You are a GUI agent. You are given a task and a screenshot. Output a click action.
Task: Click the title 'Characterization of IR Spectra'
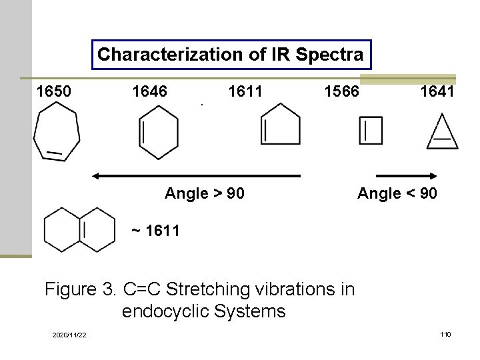pos(231,55)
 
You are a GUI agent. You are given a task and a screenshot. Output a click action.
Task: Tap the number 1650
pos(54,91)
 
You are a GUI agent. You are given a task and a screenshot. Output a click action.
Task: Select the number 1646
pos(150,91)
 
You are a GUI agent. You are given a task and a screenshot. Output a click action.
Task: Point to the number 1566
pos(341,91)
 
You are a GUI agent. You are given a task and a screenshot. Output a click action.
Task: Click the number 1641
pos(437,91)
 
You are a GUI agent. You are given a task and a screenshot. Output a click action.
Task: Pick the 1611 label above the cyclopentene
pos(245,91)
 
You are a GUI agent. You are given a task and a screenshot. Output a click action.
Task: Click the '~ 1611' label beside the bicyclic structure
pos(155,231)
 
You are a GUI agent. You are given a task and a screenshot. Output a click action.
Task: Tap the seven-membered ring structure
pos(57,133)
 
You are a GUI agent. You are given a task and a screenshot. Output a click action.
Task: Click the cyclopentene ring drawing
pos(279,126)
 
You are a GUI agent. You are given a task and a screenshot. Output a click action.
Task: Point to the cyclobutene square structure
pos(371,131)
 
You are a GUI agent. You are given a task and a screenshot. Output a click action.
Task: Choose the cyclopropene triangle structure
pos(442,133)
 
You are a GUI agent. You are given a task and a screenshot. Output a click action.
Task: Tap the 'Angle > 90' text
pos(204,194)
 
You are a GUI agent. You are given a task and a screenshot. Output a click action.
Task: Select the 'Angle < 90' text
pos(397,194)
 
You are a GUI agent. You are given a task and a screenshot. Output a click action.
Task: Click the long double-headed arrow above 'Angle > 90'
pos(196,176)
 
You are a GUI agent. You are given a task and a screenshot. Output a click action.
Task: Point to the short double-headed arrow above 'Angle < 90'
pos(406,176)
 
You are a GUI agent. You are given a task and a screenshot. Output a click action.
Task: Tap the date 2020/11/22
pos(69,334)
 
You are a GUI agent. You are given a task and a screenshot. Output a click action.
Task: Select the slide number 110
pos(445,333)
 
